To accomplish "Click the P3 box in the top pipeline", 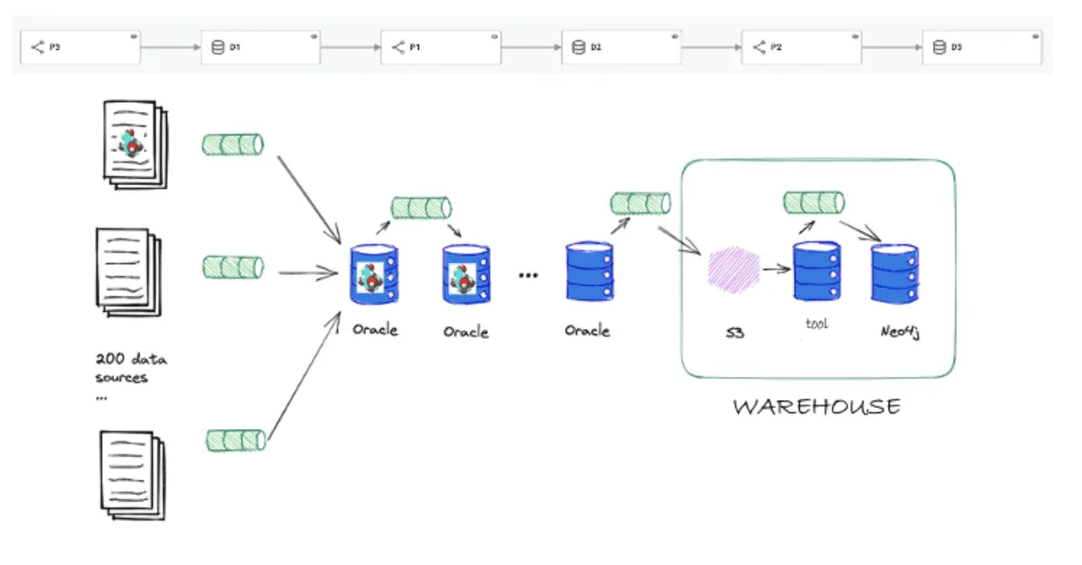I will [81, 47].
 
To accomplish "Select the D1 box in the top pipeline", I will [261, 47].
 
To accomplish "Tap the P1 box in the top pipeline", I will [441, 47].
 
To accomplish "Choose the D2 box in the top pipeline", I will [621, 47].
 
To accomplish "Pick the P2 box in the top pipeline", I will [801, 47].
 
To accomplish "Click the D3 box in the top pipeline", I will [981, 47].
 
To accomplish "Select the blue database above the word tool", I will [816, 272].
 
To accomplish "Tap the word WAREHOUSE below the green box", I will [817, 407].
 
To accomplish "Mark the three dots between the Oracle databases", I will [528, 275].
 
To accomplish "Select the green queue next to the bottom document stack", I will [236, 440].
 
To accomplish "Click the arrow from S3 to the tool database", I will [775, 268].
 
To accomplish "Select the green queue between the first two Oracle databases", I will [421, 208].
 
